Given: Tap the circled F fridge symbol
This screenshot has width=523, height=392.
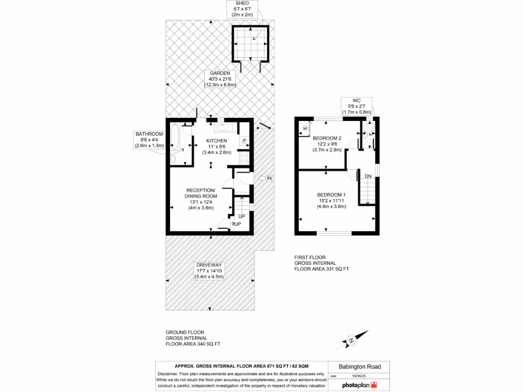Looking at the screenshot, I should point(244,141).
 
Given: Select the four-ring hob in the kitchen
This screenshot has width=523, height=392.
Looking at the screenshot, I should point(244,158).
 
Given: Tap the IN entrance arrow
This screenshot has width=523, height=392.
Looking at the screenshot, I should point(267,178).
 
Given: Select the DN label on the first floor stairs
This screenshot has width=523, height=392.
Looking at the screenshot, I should point(368,176).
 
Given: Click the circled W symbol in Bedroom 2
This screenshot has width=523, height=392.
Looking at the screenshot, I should point(305,128).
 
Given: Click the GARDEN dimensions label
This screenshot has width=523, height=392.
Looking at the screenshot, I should point(220,79).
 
